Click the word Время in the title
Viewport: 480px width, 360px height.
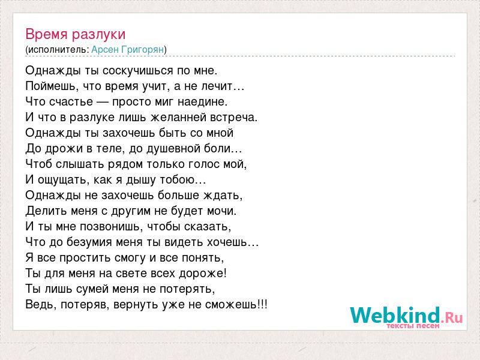(x=47, y=34)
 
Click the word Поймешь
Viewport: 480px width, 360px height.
(x=50, y=86)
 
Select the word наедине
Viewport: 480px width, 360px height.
(x=202, y=102)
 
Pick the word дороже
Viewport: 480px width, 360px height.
(x=202, y=274)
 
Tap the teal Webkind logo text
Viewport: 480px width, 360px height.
(x=395, y=315)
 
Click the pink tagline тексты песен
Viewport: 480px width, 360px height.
(x=413, y=326)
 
